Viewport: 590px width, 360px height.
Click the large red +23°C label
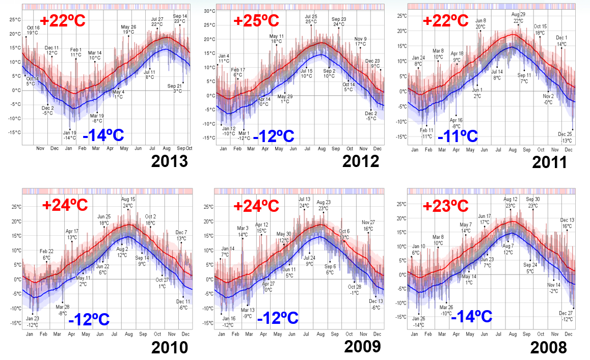point(445,206)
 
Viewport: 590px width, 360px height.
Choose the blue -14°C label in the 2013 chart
point(103,135)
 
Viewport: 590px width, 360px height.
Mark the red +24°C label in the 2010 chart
point(65,205)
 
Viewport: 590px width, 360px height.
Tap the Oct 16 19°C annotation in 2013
point(33,30)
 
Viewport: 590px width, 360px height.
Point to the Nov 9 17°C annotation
point(360,41)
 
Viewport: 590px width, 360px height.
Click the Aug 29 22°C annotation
point(518,18)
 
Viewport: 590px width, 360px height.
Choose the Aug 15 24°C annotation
point(128,202)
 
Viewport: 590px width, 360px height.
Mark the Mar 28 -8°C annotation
point(62,310)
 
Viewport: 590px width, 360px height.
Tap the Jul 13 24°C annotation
point(304,202)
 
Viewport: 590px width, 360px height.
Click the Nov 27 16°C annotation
point(368,225)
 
